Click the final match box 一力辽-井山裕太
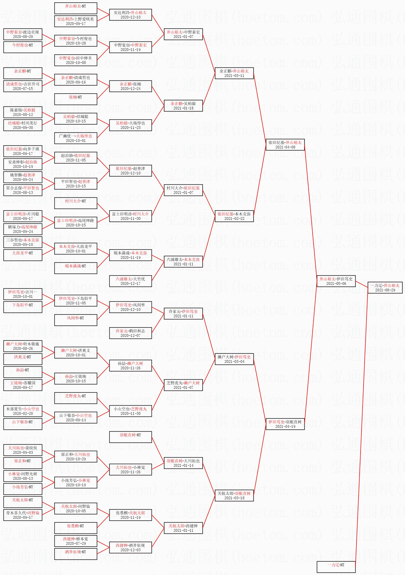[385, 287]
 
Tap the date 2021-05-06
[336, 283]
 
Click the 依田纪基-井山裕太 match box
[285, 144]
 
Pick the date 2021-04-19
[285, 427]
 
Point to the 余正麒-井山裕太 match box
[234, 73]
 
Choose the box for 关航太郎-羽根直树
[234, 495]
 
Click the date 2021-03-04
[234, 361]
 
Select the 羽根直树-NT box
[130, 437]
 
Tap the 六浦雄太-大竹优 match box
[130, 281]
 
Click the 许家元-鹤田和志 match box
[130, 333]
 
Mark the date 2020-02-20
[23, 414]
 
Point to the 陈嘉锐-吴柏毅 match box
[23, 112]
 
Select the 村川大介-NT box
[76, 203]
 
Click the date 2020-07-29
[76, 544]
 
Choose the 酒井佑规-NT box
[76, 554]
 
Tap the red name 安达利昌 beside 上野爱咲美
[65, 19]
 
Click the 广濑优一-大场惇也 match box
[76, 138]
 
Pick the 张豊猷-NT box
[76, 528]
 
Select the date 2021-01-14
[183, 466]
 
